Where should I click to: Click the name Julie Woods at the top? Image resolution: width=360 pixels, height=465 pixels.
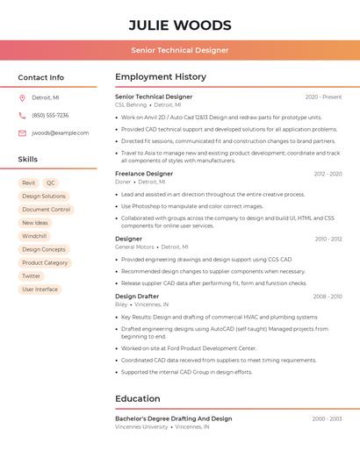click(180, 25)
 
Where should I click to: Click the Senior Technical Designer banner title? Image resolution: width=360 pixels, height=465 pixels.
click(180, 50)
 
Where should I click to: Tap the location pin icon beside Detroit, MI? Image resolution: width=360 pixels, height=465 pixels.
click(22, 97)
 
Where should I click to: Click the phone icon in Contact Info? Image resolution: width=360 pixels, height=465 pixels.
click(22, 115)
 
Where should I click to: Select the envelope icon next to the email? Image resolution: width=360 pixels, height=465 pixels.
click(22, 133)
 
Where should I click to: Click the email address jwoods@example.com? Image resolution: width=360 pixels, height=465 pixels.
click(61, 133)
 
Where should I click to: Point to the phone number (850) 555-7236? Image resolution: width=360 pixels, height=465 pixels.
click(50, 115)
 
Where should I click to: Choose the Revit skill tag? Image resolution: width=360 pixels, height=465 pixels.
click(29, 183)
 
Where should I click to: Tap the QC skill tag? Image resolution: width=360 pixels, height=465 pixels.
click(51, 183)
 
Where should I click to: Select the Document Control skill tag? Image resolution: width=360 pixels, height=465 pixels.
click(47, 210)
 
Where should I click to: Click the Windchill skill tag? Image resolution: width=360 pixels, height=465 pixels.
click(34, 236)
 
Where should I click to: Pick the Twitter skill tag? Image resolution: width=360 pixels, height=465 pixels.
click(32, 276)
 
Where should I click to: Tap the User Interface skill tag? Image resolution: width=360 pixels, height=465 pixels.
click(40, 290)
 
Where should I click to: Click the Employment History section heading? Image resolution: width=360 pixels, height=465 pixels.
click(161, 77)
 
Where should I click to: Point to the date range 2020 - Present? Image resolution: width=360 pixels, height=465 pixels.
click(323, 97)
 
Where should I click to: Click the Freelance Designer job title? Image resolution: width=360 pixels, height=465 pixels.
click(144, 174)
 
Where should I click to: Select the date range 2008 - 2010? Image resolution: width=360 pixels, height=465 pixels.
click(328, 297)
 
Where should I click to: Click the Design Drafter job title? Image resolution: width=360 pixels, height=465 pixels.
click(137, 297)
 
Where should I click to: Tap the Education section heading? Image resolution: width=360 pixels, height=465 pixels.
click(138, 398)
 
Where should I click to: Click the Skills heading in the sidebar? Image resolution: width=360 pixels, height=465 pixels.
click(28, 160)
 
